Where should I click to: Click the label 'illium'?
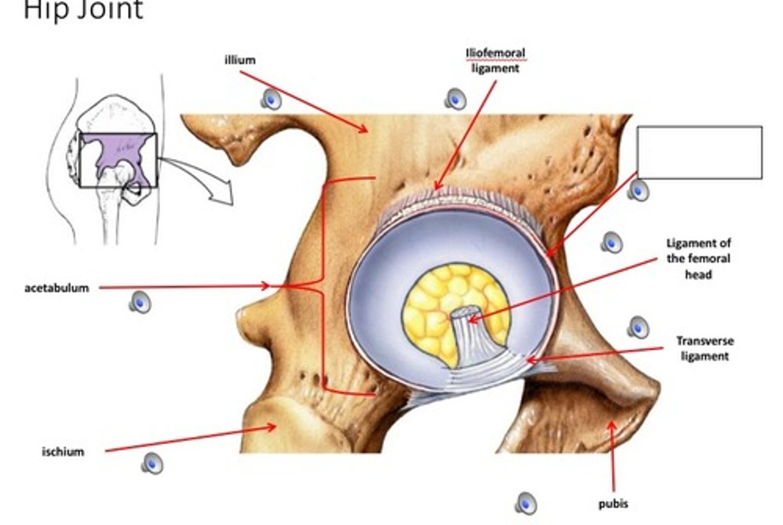tap(240, 60)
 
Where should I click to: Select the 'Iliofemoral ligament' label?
tap(495, 61)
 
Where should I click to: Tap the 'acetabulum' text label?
tap(57, 288)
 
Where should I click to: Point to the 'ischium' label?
tap(63, 452)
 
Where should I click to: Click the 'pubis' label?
tap(613, 504)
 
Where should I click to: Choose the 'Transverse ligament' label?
tap(704, 349)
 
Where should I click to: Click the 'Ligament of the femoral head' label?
tap(698, 258)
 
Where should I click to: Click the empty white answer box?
tap(699, 152)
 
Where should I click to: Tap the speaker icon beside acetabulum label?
tap(140, 302)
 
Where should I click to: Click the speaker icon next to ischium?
tap(152, 463)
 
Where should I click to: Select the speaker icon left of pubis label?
tap(525, 503)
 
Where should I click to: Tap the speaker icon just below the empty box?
tap(638, 190)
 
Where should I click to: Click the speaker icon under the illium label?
tap(271, 99)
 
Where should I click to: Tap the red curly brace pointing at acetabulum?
tap(321, 285)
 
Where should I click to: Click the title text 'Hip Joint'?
tap(83, 10)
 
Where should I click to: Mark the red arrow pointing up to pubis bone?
tap(613, 456)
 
